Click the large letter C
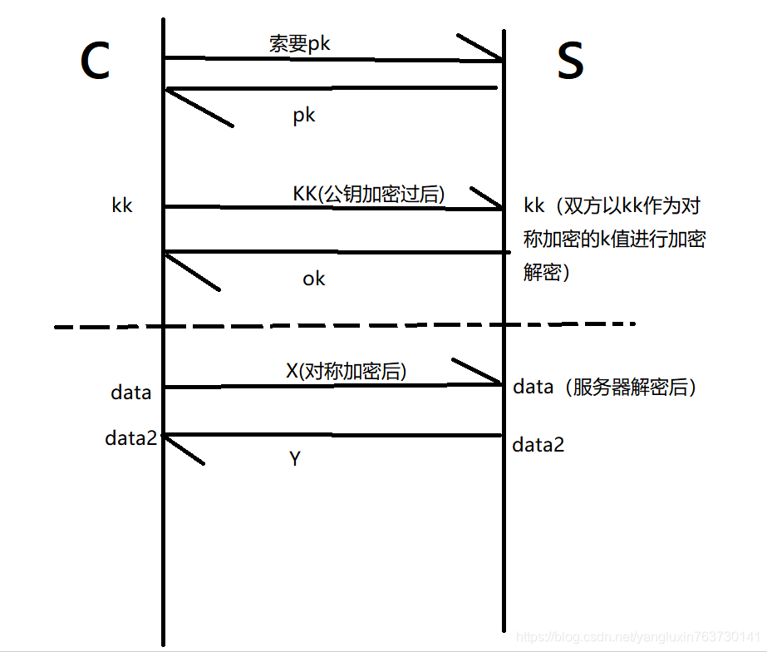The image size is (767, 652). [96, 62]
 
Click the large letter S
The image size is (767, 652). [570, 62]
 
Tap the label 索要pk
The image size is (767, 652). [300, 43]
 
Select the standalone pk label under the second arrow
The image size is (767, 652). [304, 115]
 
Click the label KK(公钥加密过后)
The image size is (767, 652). [369, 193]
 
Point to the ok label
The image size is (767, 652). [313, 279]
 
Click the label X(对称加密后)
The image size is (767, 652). [347, 371]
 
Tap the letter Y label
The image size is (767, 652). [294, 458]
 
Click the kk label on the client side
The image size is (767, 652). [122, 205]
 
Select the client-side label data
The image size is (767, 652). [131, 392]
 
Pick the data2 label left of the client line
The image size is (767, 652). [131, 437]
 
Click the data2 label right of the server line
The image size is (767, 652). [538, 445]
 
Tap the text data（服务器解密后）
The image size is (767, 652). [604, 387]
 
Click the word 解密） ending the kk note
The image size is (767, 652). [547, 273]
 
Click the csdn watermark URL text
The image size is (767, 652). [639, 636]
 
